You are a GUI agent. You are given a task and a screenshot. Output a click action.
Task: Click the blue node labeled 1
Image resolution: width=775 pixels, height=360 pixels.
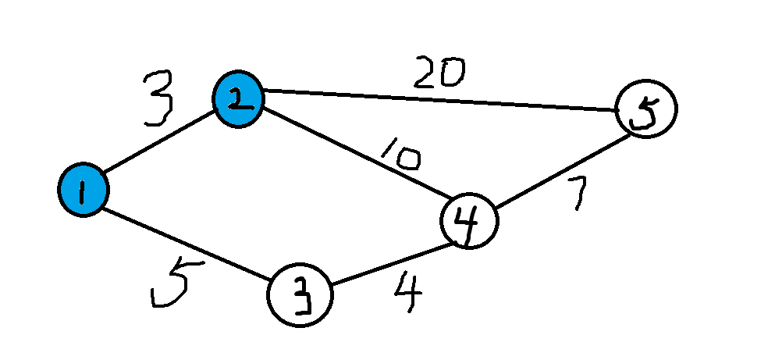(x=83, y=190)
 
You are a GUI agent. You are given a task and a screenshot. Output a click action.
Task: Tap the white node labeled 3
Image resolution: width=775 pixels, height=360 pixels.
(x=300, y=297)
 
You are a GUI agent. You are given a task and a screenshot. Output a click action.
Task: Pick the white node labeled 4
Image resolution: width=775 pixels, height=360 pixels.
(x=469, y=221)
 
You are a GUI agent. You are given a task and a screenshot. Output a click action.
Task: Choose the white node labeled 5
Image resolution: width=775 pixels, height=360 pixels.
(x=646, y=110)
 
